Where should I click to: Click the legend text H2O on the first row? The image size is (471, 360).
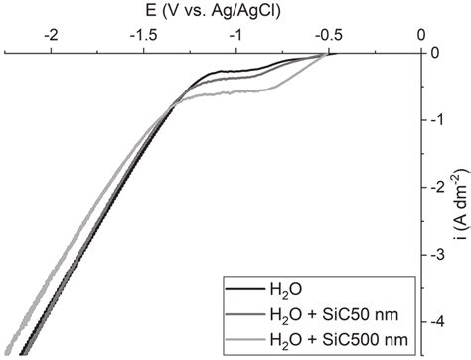283,292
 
